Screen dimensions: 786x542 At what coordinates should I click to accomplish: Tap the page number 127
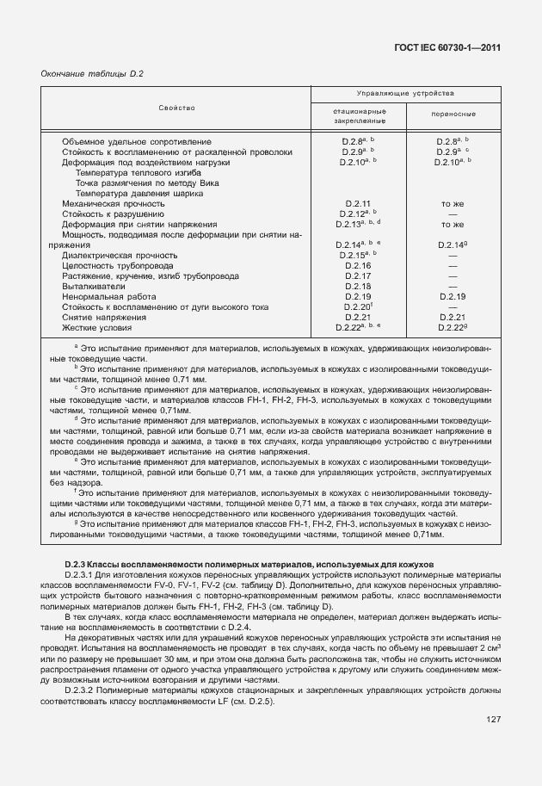[x=493, y=720]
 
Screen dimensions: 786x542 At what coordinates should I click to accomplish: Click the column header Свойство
[x=176, y=108]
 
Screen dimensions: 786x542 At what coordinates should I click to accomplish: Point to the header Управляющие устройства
[x=405, y=93]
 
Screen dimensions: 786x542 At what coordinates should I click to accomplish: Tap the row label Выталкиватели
[x=92, y=286]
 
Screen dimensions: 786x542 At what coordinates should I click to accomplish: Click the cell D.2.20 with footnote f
[x=357, y=306]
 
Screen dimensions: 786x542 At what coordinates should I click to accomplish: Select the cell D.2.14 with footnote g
[x=453, y=244]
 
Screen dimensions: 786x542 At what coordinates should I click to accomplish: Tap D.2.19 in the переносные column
[x=453, y=296]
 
